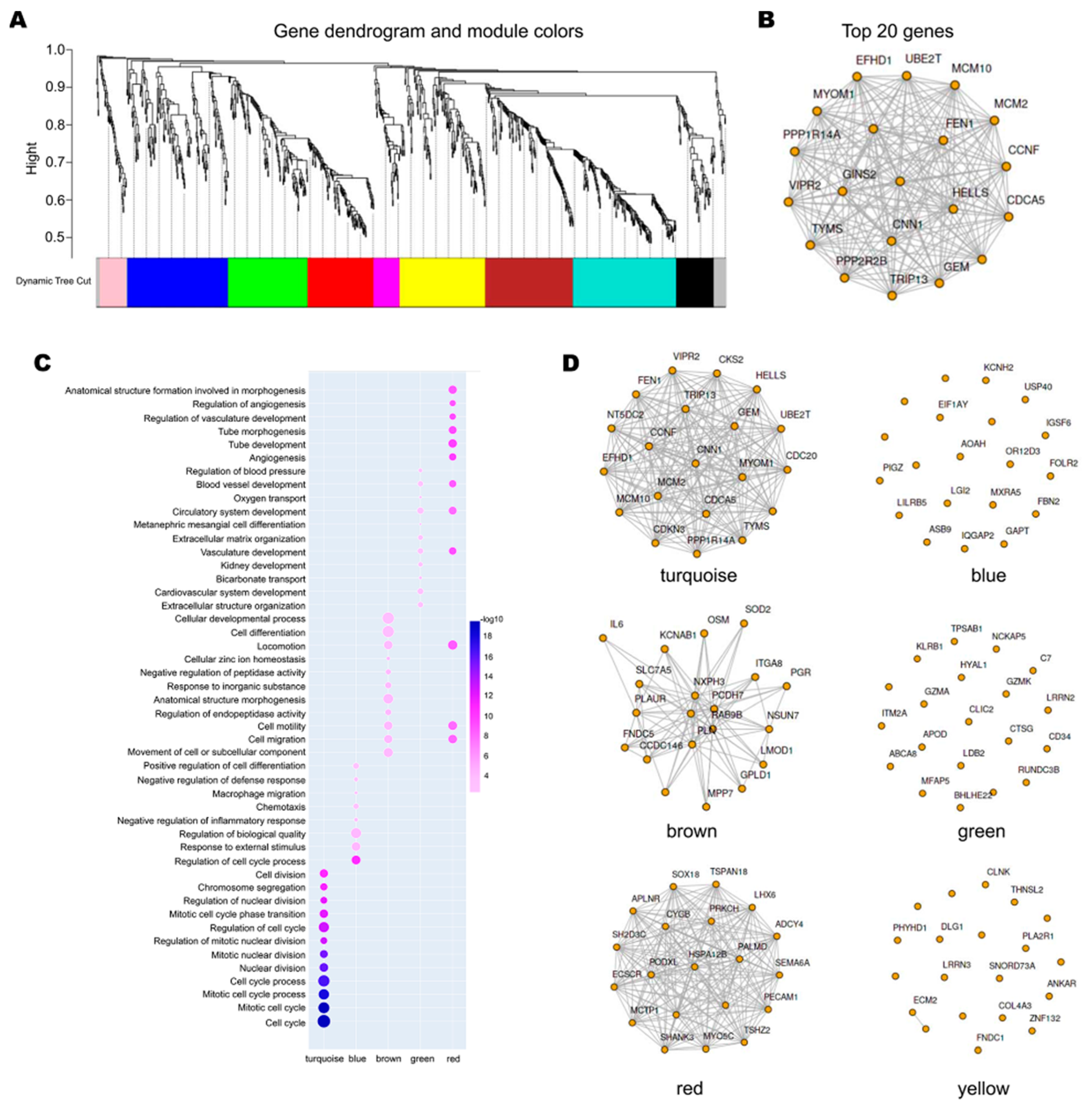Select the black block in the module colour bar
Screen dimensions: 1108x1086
tap(694, 282)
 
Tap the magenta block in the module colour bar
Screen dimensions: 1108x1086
tap(386, 282)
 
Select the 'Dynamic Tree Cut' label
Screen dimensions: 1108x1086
tap(53, 281)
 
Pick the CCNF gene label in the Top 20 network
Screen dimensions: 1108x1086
tap(1023, 150)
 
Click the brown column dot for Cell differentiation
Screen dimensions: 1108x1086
tap(388, 632)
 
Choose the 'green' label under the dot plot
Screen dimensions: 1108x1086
tap(422, 1059)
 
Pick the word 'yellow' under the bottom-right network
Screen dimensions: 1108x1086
tap(983, 1088)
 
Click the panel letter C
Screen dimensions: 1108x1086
tap(43, 363)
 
